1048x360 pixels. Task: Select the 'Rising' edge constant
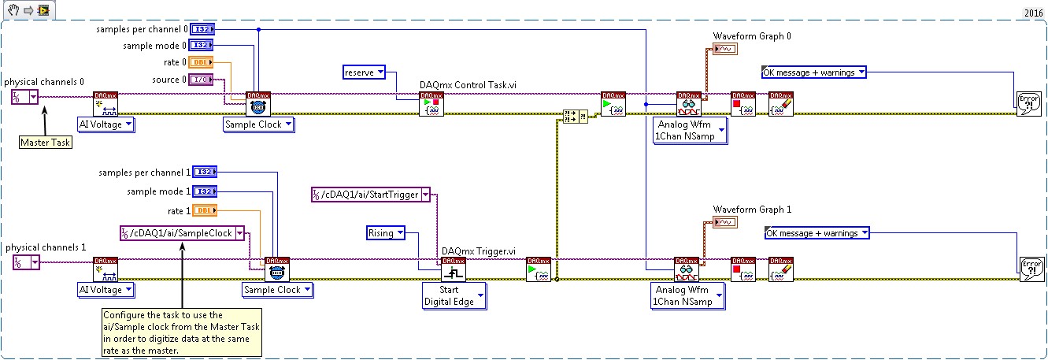pyautogui.click(x=386, y=232)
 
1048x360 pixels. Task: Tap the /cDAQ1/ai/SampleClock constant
pyautogui.click(x=182, y=233)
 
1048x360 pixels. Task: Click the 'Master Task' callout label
pyautogui.click(x=45, y=143)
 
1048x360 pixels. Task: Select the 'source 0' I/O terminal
pyautogui.click(x=201, y=80)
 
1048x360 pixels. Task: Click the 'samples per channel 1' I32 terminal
pyautogui.click(x=202, y=173)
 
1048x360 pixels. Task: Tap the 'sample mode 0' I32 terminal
pyautogui.click(x=201, y=46)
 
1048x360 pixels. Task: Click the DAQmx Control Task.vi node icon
pyautogui.click(x=431, y=104)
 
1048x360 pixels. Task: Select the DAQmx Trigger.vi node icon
pyautogui.click(x=454, y=269)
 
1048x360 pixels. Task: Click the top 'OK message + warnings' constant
pyautogui.click(x=814, y=72)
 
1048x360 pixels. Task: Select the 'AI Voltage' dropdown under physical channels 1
pyautogui.click(x=106, y=290)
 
